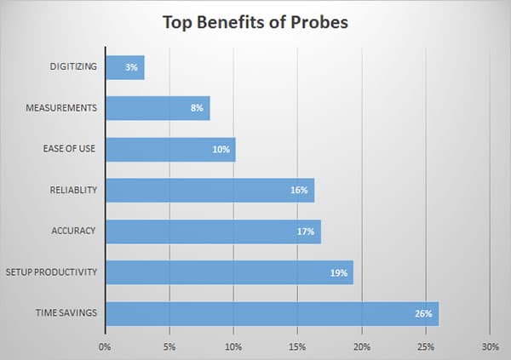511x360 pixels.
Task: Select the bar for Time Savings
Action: click(272, 313)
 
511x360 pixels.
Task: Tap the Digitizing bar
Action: click(124, 67)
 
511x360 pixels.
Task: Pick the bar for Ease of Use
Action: click(170, 150)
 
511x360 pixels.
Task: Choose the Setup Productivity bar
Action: click(229, 272)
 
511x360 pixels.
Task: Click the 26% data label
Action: click(424, 314)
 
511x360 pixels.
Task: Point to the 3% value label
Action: click(131, 68)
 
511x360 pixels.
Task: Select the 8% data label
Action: click(197, 109)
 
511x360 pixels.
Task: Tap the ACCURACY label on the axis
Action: click(74, 231)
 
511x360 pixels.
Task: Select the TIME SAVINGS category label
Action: click(66, 313)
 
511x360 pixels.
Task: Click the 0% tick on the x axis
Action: click(106, 346)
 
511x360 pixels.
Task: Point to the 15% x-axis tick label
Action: click(297, 346)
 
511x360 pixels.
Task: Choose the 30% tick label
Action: click(490, 346)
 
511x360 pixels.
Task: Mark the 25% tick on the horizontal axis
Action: click(426, 346)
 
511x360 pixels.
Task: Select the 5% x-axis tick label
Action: click(169, 346)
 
